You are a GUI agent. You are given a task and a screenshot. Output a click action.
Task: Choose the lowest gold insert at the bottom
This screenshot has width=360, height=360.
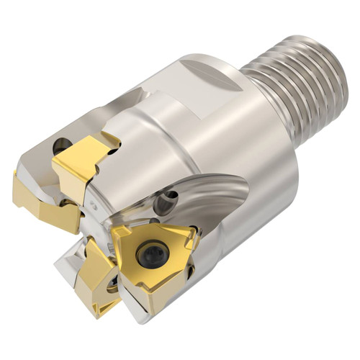coord(101,284)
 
